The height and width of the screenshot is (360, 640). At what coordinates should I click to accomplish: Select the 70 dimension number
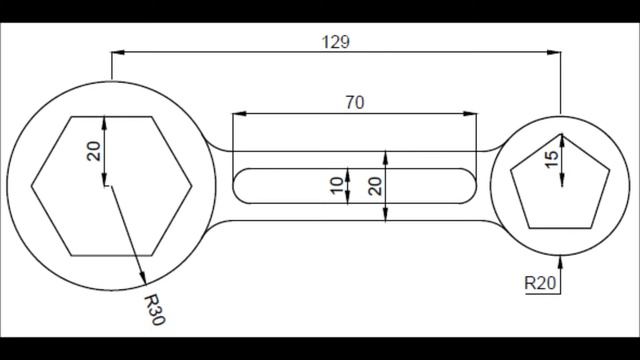pyautogui.click(x=354, y=102)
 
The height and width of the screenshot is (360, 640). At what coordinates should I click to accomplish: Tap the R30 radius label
pyautogui.click(x=153, y=310)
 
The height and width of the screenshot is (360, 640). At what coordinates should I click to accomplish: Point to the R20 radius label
pyautogui.click(x=540, y=284)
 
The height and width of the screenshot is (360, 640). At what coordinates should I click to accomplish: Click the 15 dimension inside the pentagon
pyautogui.click(x=550, y=159)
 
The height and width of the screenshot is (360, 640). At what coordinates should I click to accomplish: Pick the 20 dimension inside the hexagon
pyautogui.click(x=93, y=151)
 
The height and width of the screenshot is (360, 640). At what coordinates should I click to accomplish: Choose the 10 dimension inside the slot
pyautogui.click(x=336, y=184)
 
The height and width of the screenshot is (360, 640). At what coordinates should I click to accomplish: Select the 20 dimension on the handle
pyautogui.click(x=373, y=185)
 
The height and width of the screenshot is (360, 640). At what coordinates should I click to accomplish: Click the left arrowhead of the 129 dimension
pyautogui.click(x=115, y=52)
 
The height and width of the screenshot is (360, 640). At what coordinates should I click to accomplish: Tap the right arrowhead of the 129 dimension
pyautogui.click(x=556, y=52)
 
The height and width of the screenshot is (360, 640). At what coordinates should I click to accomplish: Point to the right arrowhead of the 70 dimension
pyautogui.click(x=472, y=114)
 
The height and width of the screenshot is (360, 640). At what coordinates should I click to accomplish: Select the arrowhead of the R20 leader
pyautogui.click(x=562, y=258)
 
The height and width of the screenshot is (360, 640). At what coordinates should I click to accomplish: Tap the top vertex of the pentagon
pyautogui.click(x=562, y=134)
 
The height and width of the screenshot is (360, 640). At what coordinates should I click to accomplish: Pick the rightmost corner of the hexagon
pyautogui.click(x=191, y=186)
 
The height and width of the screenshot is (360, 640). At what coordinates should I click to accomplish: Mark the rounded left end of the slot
pyautogui.click(x=236, y=186)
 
